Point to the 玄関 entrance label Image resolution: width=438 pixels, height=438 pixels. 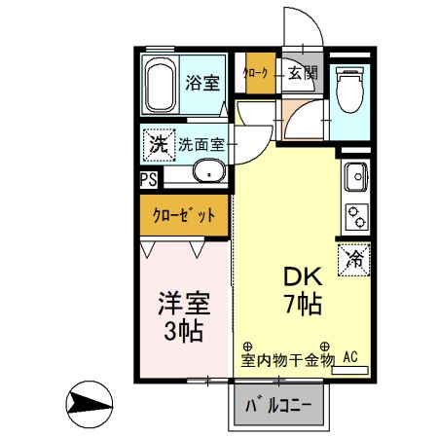(x=302, y=73)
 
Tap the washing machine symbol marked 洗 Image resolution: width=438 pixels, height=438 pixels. (x=158, y=143)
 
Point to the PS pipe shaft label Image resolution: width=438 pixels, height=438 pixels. (x=148, y=179)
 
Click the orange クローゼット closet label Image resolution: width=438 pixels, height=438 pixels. (x=184, y=214)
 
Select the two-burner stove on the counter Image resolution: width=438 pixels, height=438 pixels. (x=355, y=217)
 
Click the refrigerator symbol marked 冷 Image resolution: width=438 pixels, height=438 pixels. (x=354, y=259)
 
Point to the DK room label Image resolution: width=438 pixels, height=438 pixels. (x=303, y=274)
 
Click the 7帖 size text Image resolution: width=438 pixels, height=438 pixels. (x=304, y=303)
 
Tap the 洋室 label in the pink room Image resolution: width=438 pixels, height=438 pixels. (x=184, y=303)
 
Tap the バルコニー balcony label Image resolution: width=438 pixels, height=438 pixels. (x=280, y=404)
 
